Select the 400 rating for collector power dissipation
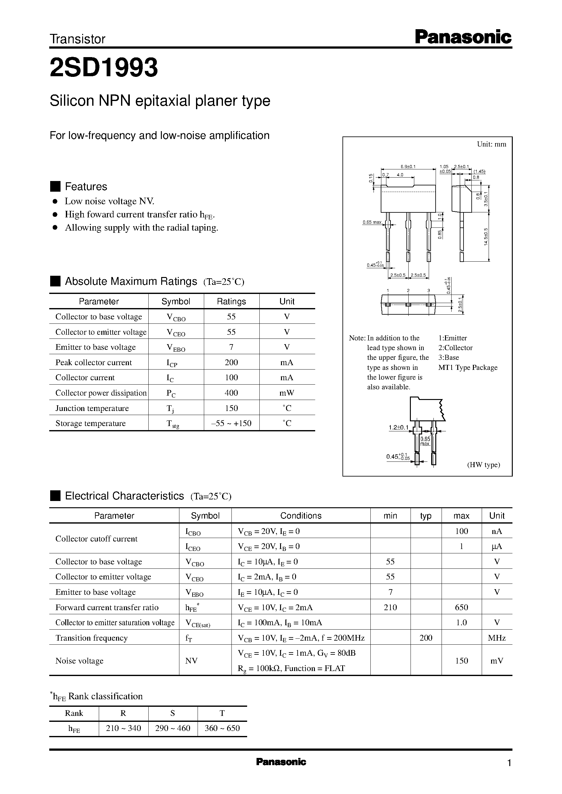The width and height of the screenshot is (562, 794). (x=231, y=392)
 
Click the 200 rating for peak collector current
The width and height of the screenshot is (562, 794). (x=231, y=362)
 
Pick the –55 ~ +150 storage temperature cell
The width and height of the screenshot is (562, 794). (x=231, y=423)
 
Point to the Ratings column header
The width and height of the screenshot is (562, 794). (x=231, y=301)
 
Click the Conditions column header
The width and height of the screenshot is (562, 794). (x=301, y=515)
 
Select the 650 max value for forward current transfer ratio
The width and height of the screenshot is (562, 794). (x=461, y=607)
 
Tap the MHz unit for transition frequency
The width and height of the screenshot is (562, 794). (x=496, y=637)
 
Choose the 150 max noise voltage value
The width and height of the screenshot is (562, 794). (x=461, y=660)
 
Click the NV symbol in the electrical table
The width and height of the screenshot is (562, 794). (x=191, y=660)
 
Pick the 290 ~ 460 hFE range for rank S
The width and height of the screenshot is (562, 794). (x=173, y=728)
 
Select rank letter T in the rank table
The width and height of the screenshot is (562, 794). (x=222, y=713)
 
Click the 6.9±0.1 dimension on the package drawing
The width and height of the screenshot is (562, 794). (x=408, y=167)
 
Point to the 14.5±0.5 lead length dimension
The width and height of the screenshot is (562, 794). (x=486, y=237)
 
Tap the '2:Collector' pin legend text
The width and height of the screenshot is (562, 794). (x=455, y=348)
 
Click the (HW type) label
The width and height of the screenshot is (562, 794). (x=484, y=465)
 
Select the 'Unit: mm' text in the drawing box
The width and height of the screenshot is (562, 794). (x=491, y=144)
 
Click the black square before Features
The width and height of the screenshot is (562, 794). (x=56, y=186)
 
